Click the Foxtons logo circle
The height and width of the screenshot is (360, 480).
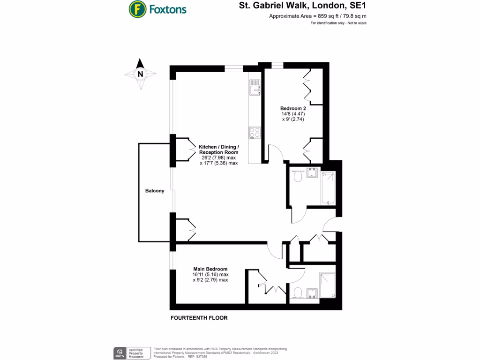click(136, 9)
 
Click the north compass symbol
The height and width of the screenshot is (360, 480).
click(140, 74)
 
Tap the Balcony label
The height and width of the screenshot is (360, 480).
click(155, 191)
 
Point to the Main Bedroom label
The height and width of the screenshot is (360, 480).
click(210, 269)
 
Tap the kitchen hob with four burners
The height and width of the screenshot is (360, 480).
click(255, 133)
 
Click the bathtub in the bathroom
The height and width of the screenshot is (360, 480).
click(328, 188)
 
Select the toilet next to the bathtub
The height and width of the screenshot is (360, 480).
click(296, 177)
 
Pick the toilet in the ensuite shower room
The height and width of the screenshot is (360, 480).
click(297, 293)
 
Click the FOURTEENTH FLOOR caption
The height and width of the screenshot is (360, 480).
click(199, 318)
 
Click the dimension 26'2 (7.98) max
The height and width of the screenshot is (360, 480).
click(218, 158)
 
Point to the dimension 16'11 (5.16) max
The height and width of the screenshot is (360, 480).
click(210, 275)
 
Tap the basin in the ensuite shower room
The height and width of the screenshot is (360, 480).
click(312, 293)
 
